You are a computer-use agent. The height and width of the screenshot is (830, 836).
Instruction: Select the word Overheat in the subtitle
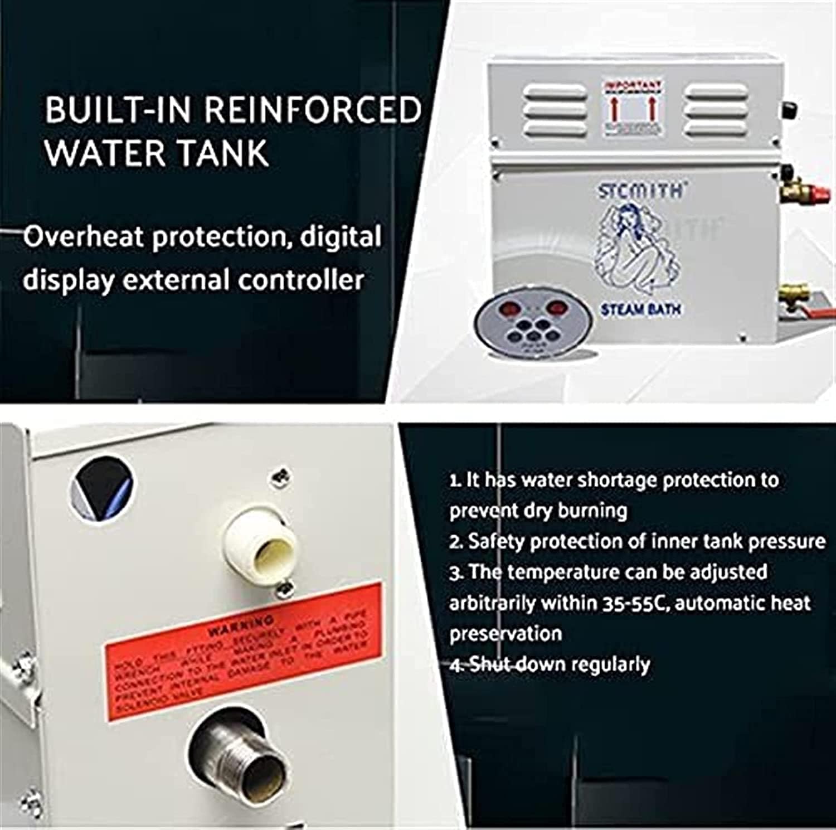(x=81, y=237)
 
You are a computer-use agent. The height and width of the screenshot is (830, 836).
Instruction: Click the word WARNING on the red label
(x=241, y=625)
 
